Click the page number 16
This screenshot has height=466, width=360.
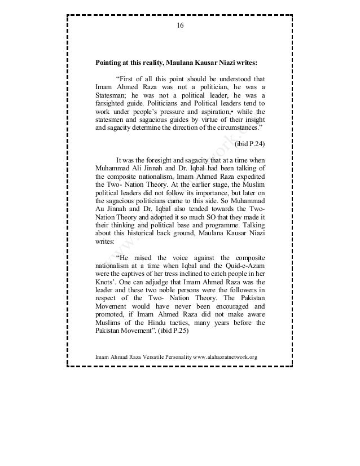180,27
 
